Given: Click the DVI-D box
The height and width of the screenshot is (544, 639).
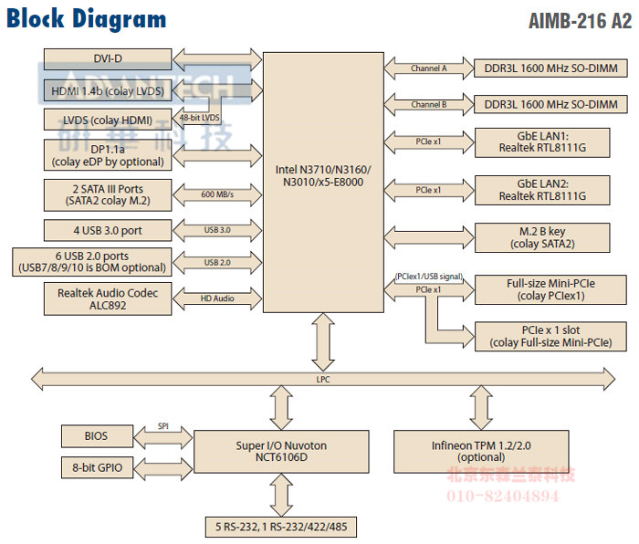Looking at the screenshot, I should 108,58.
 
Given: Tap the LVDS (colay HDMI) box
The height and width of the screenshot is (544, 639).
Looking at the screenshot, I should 108,120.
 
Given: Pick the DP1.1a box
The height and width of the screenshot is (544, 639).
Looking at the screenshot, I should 108,155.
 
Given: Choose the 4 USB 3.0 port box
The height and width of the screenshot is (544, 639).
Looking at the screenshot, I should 108,229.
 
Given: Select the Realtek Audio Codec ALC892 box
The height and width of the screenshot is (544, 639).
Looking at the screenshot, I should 108,298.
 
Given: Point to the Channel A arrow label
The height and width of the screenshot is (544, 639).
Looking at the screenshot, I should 428,68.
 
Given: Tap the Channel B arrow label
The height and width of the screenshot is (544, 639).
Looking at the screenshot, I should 428,105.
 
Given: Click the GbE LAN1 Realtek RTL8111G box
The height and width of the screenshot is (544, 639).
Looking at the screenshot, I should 542,141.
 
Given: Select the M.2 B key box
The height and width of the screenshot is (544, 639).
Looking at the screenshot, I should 542,237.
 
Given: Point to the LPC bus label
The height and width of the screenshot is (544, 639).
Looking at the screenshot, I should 323,377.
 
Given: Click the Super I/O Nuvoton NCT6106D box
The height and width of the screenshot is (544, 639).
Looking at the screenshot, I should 280,450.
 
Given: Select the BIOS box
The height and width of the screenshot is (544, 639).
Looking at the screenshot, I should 98,436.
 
